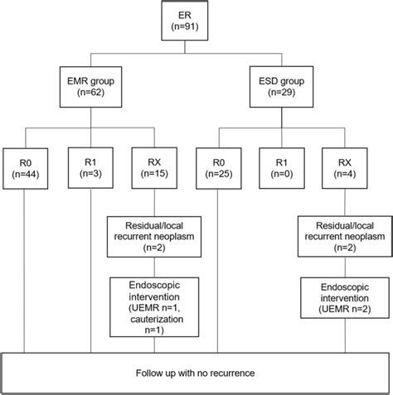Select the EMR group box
(x=91, y=86)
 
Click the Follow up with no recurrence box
(x=196, y=372)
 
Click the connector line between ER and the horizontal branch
(x=196, y=51)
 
